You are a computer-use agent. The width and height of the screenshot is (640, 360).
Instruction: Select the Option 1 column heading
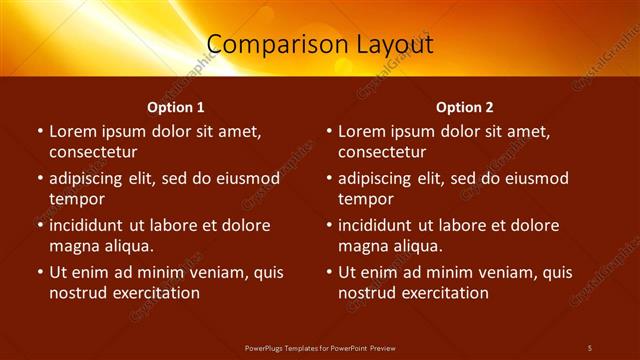coord(176,107)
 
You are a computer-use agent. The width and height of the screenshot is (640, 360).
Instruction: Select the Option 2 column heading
coord(465,107)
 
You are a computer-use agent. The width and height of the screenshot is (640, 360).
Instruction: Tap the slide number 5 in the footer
coord(590,347)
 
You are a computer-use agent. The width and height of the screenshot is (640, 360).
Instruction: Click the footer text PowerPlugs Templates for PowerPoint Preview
coord(320,347)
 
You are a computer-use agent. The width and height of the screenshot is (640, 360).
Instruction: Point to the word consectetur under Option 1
coord(93,152)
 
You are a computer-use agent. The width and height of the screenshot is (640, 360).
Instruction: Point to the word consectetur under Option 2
coord(382,152)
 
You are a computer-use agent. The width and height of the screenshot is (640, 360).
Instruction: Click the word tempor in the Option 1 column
coord(76,199)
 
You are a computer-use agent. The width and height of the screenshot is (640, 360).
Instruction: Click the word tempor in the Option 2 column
coord(365,199)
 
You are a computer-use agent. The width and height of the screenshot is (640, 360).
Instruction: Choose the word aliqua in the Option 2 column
coord(414,246)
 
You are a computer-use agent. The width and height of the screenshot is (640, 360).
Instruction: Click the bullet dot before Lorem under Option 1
coord(39,131)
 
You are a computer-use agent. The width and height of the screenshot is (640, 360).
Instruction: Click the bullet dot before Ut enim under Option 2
coord(328,272)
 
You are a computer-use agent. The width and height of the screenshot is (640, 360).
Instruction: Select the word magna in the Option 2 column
coord(362,246)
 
